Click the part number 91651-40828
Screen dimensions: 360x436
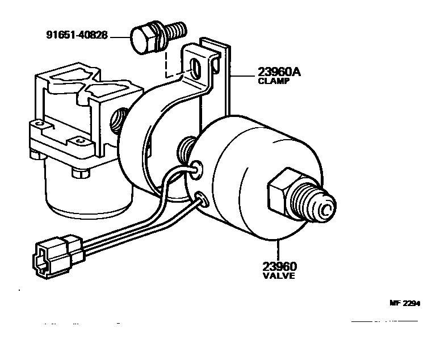coord(78,36)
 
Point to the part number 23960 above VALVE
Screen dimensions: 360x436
coord(280,265)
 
